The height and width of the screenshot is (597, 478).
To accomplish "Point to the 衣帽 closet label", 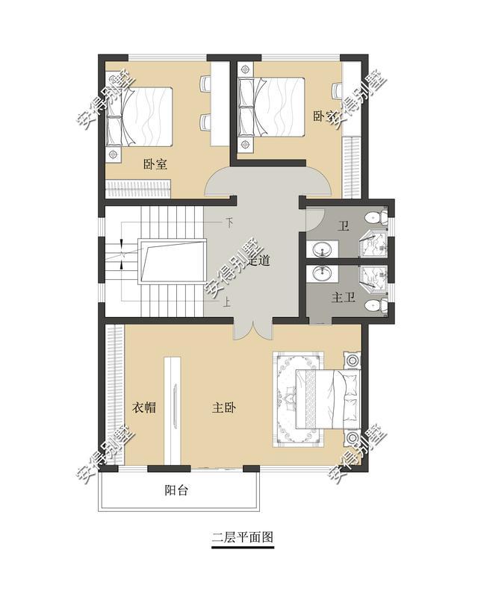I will [143, 407].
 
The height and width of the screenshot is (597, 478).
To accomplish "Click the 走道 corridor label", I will [258, 261].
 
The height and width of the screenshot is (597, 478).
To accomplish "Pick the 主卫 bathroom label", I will [343, 298].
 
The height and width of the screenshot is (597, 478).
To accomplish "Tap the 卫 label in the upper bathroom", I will [344, 226].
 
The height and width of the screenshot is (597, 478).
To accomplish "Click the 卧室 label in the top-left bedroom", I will [155, 165].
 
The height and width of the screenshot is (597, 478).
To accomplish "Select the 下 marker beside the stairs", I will [229, 222].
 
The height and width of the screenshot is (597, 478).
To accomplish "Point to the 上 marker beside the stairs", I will [226, 303].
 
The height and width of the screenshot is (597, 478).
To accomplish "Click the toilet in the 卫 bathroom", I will [375, 218].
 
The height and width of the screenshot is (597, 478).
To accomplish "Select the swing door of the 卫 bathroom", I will [314, 217].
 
